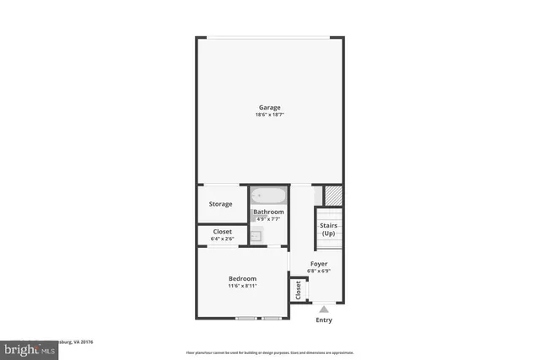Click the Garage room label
(269, 107)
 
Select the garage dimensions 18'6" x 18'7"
(269, 115)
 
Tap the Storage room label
(221, 204)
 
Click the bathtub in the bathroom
(268, 196)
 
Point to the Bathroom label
(268, 212)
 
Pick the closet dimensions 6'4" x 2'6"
(222, 239)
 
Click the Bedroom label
(242, 278)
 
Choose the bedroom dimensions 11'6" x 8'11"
(242, 286)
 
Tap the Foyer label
(318, 264)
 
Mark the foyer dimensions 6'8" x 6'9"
(318, 271)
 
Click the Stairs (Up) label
(328, 228)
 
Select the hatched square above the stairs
(332, 195)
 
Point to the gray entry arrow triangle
(323, 309)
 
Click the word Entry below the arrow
(323, 320)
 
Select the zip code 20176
(86, 343)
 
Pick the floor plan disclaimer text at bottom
(270, 352)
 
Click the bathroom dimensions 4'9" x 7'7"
(268, 219)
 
